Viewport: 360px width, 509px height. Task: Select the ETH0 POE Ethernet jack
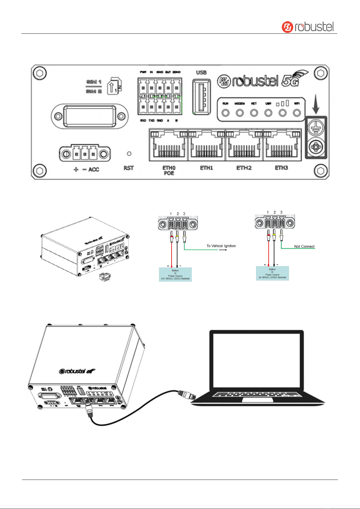coord(169,145)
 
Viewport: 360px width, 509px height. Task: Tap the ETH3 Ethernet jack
coord(282,145)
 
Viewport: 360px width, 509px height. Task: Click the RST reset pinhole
coord(129,154)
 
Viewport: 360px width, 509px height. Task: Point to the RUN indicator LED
coord(226,113)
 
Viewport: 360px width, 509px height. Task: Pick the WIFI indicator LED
coord(297,113)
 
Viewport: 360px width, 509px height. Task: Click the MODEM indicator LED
coord(240,113)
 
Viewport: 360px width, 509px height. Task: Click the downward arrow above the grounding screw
coord(316,107)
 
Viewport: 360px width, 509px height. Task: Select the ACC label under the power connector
coord(94,169)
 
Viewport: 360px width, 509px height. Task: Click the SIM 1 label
coord(94,82)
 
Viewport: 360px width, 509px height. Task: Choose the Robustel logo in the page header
coord(308,27)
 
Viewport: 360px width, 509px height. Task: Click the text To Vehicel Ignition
coord(221,246)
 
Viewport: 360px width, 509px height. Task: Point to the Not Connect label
coord(304,246)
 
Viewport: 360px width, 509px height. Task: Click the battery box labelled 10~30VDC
coord(175,274)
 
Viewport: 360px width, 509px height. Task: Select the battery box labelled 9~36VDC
coord(272,273)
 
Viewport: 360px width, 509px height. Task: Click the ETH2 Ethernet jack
coord(244,145)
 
